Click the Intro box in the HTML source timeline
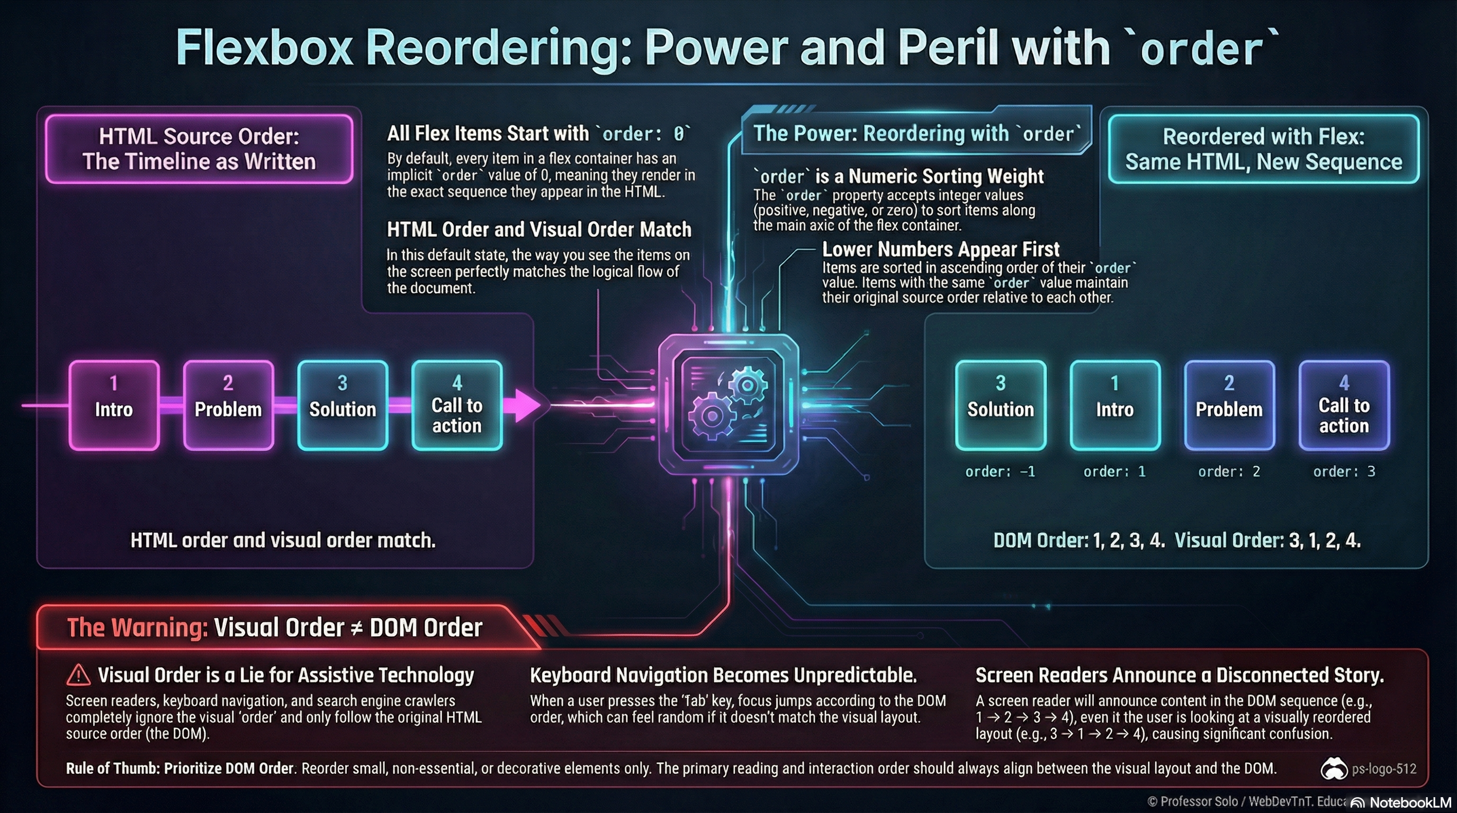[x=114, y=405]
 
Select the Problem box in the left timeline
[x=228, y=405]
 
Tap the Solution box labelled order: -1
[x=1000, y=405]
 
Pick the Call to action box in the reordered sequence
[x=1344, y=405]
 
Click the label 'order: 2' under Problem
[x=1228, y=472]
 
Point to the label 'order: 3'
[x=1344, y=472]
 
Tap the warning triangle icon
[x=78, y=674]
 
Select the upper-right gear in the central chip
[x=748, y=385]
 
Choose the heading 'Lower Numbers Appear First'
[x=941, y=249]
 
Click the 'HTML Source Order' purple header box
[x=199, y=149]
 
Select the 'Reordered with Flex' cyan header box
[x=1263, y=149]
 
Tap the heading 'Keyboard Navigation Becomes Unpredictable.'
[x=723, y=675]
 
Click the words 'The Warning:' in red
[x=138, y=628]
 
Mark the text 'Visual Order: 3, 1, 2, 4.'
[x=1267, y=540]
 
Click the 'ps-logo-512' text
[x=1384, y=769]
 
